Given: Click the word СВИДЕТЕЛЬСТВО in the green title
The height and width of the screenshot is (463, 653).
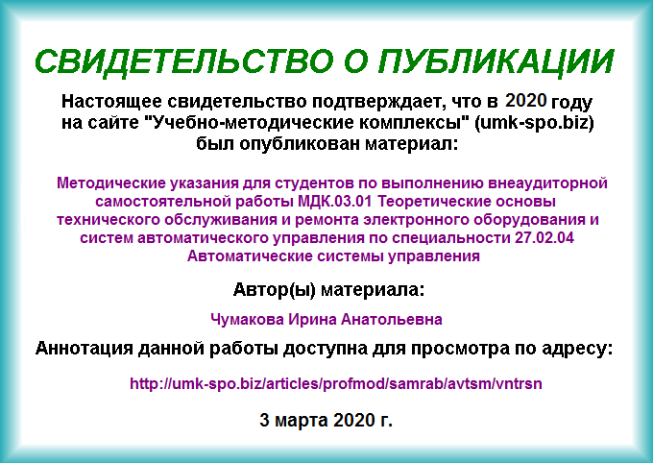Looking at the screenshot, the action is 184,61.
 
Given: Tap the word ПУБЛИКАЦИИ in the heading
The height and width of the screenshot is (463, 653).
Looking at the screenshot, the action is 496,61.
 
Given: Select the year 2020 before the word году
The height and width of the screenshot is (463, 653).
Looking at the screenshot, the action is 526,100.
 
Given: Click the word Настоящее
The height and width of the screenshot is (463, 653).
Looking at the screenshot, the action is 112,103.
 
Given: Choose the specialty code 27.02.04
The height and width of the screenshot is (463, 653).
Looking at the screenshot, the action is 544,238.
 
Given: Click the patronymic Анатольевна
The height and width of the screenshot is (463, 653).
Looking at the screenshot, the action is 392,320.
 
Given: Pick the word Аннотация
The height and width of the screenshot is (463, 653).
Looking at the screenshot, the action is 85,349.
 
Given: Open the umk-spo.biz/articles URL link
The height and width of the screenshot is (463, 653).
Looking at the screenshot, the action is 336,383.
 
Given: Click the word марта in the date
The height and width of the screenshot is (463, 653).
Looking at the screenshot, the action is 302,421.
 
